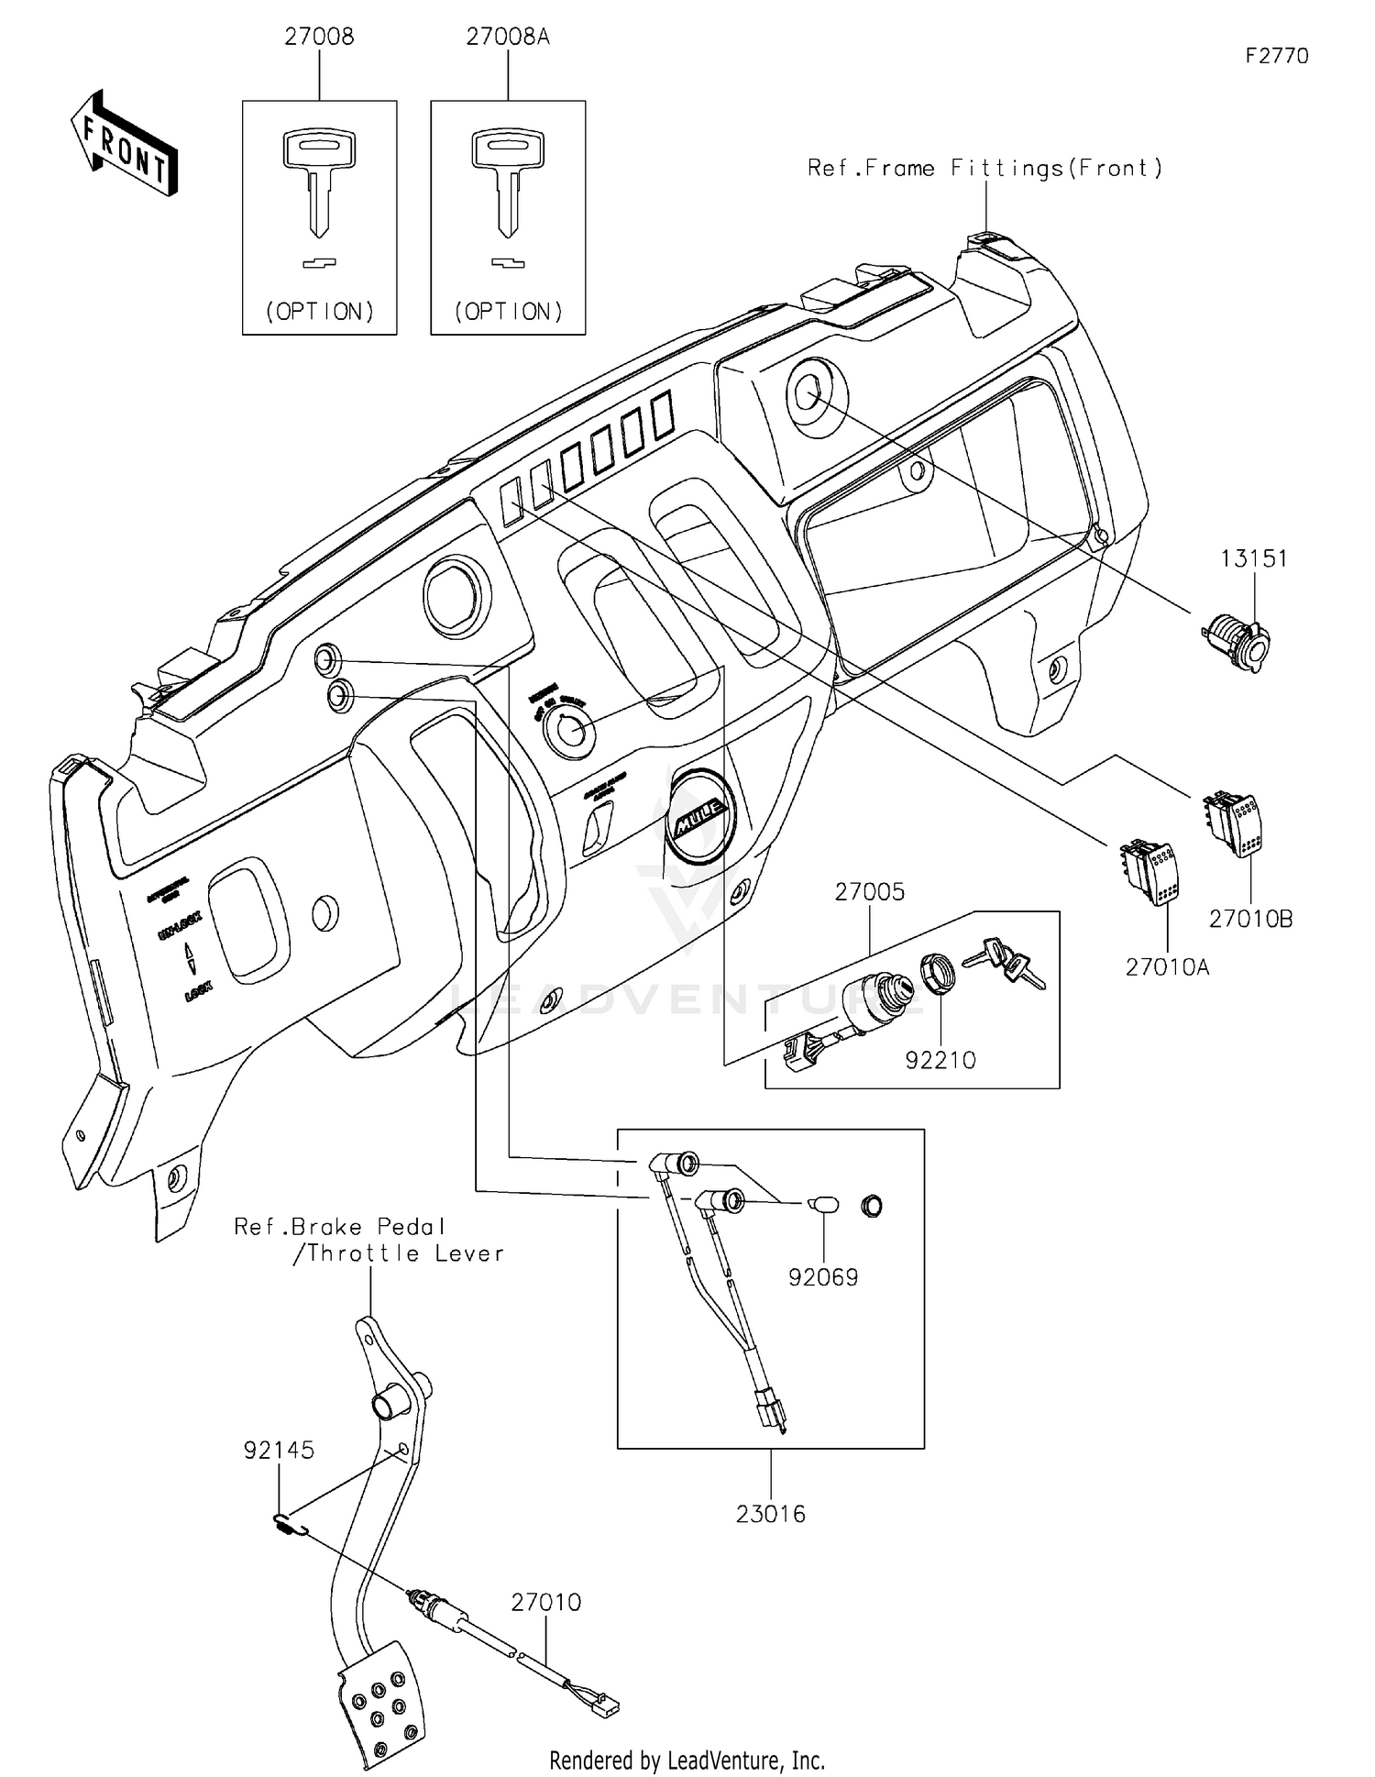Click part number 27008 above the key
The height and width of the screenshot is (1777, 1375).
[319, 38]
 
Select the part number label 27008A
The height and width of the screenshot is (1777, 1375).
[508, 38]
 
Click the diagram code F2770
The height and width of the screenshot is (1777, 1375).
[1277, 56]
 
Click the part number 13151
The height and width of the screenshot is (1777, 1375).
[1253, 558]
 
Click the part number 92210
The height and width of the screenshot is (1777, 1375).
[940, 1060]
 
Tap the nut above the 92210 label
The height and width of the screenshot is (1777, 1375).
[938, 974]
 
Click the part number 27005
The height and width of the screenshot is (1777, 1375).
[869, 892]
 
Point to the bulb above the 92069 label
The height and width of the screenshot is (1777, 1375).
[822, 1204]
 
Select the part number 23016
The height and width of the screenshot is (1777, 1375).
[770, 1514]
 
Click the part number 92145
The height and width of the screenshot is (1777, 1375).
[279, 1451]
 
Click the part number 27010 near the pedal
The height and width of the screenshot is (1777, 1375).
[545, 1602]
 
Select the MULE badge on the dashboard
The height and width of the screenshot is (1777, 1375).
[700, 814]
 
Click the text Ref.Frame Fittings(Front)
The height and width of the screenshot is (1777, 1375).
[984, 168]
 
